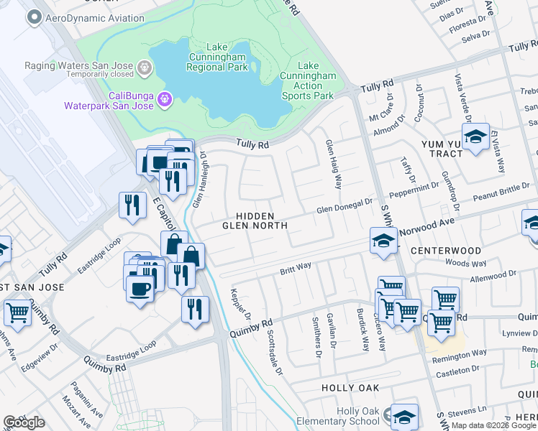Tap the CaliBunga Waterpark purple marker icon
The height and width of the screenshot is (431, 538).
click(x=165, y=98)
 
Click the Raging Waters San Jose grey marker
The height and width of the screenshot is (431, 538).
click(x=145, y=69)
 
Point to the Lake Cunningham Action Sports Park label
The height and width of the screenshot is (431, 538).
click(x=308, y=80)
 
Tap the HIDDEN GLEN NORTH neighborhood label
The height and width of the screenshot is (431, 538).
click(x=255, y=221)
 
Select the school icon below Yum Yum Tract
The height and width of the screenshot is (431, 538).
click(x=475, y=136)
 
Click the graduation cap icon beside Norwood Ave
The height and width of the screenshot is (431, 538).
click(x=384, y=241)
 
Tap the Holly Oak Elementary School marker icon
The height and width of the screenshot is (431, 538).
click(x=404, y=416)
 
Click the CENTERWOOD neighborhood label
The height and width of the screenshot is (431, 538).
click(x=446, y=251)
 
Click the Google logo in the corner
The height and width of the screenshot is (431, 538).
click(x=24, y=422)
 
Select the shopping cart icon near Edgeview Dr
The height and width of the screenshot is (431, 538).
click(x=17, y=312)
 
